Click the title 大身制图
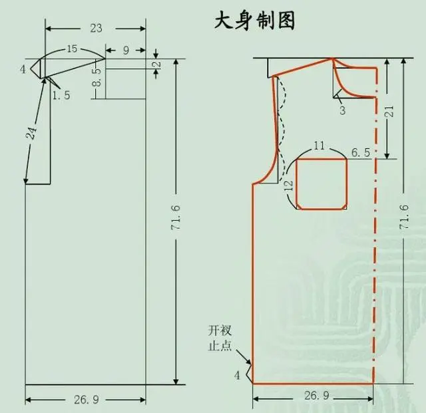tap(254, 21)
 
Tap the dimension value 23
tap(96, 28)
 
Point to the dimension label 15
tap(72, 49)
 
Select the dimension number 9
tap(126, 51)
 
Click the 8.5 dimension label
tap(97, 78)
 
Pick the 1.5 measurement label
tap(61, 95)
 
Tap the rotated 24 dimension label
tap(31, 133)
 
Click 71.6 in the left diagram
tap(176, 217)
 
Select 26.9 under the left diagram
tap(87, 400)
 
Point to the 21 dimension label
tap(389, 111)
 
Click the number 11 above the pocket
tap(319, 146)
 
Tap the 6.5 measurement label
tap(361, 152)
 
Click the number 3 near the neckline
tap(342, 110)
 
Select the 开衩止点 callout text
tap(220, 339)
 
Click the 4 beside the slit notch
tap(237, 376)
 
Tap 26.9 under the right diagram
tap(317, 395)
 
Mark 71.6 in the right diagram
tap(404, 216)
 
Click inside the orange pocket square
tap(321, 184)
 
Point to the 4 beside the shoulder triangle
tap(23, 69)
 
